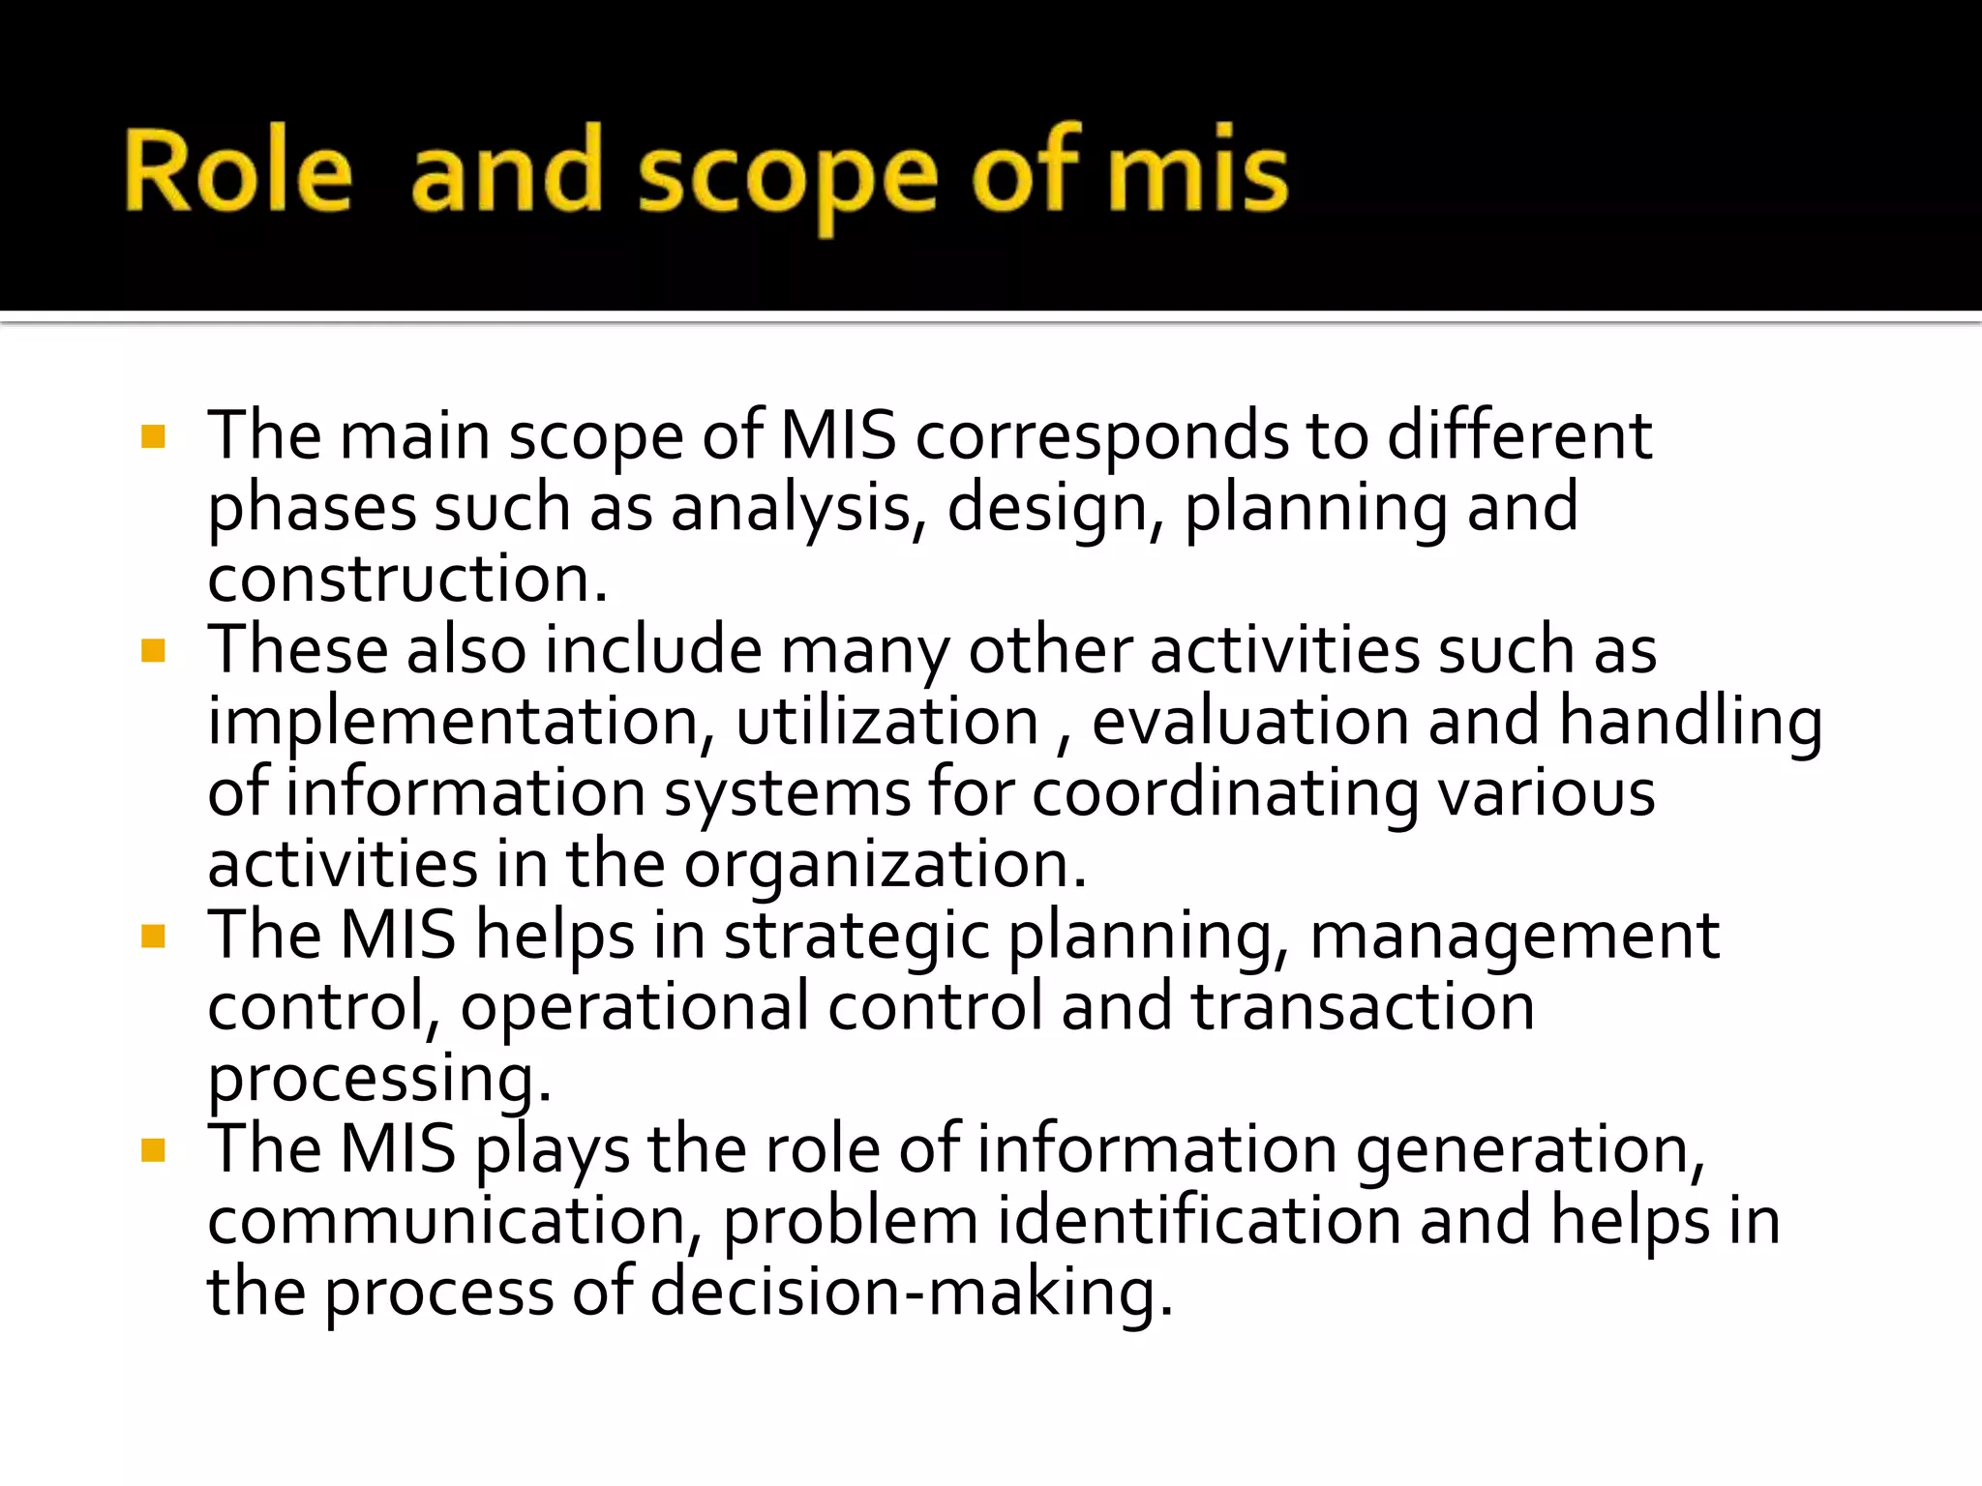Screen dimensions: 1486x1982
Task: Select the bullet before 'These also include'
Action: coord(153,650)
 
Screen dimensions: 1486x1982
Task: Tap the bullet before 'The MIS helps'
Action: coord(153,936)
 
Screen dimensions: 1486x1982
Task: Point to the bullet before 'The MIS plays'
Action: coord(153,1150)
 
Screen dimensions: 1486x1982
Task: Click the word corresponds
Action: coord(1101,437)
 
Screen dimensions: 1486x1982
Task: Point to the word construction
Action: coord(407,579)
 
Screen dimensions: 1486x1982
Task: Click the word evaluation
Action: coord(1250,723)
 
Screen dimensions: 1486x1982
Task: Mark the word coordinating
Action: coord(1225,794)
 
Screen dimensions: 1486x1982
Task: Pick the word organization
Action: coord(885,865)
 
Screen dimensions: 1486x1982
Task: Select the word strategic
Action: coord(856,936)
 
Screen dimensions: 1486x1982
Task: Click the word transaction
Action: coord(1363,1007)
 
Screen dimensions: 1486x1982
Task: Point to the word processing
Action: coord(379,1079)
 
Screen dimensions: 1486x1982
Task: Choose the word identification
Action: coord(1199,1222)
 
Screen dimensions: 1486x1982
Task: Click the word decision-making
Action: coord(911,1293)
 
